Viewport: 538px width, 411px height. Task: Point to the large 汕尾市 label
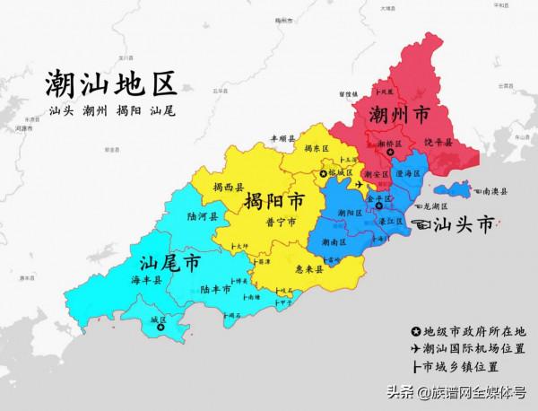pyautogui.click(x=170, y=263)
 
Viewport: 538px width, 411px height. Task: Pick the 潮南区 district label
pyautogui.click(x=332, y=242)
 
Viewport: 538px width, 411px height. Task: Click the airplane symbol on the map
pyautogui.click(x=360, y=185)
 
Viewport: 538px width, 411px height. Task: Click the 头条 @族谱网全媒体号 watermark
pyautogui.click(x=456, y=392)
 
